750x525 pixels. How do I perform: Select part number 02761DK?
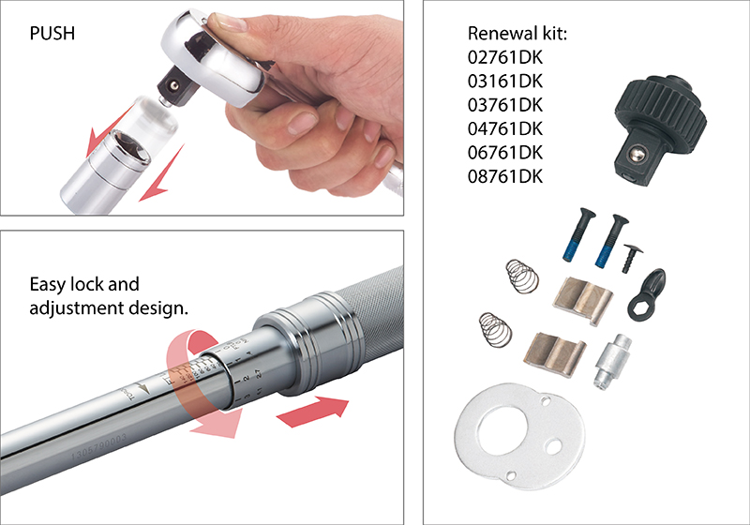tap(505, 58)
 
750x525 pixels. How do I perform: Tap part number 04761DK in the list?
tap(505, 128)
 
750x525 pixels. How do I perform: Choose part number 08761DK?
tap(505, 175)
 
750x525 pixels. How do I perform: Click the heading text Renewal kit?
tap(518, 35)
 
